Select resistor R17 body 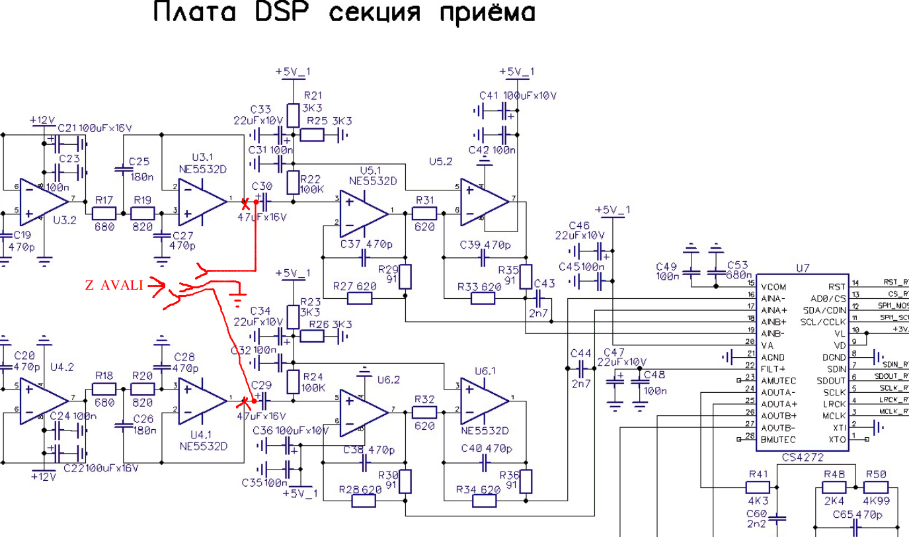pos(104,214)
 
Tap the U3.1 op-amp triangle pos(201,198)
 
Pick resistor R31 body pos(424,213)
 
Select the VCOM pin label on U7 pos(773,286)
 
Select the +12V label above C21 pos(42,120)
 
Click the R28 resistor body pos(363,501)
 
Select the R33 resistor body pos(484,299)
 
